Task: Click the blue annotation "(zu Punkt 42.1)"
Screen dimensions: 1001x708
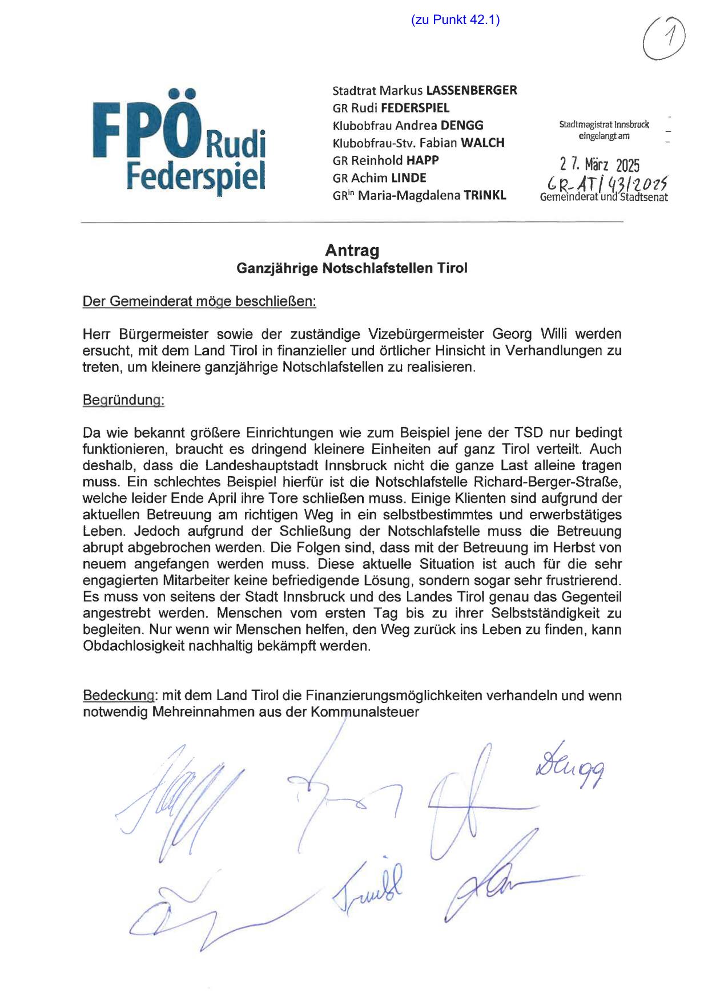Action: pos(455,21)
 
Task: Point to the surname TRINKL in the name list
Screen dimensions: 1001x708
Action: pos(485,195)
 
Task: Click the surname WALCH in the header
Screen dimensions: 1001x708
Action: pos(482,143)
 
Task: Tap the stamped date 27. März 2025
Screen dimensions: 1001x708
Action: pos(600,166)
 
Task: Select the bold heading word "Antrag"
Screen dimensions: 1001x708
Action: pos(352,251)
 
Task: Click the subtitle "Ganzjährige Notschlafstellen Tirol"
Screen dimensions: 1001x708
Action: pos(352,268)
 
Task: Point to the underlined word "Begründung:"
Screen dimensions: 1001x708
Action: pos(123,400)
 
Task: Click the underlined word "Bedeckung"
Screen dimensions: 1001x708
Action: pos(118,696)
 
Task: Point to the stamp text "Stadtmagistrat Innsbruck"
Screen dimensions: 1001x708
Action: pos(604,124)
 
